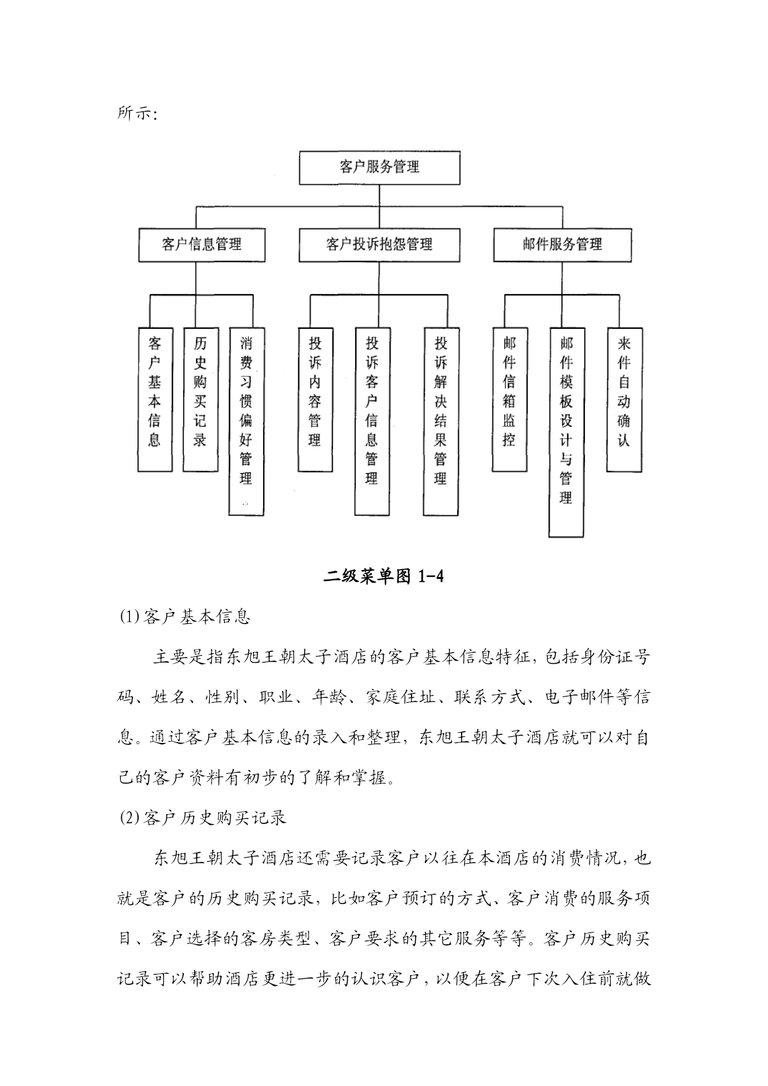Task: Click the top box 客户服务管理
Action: tap(379, 167)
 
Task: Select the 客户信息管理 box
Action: tap(202, 245)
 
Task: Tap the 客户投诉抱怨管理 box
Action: tap(379, 245)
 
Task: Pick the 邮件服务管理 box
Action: tap(563, 245)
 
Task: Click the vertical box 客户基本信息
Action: tap(155, 399)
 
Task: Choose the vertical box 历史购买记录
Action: tap(201, 399)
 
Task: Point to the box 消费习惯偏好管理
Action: tap(246, 421)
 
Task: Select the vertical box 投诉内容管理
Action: tap(316, 399)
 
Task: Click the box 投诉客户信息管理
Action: tap(373, 421)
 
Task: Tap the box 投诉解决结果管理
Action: tap(441, 421)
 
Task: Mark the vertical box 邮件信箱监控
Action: tap(510, 399)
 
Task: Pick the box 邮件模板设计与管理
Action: tap(566, 432)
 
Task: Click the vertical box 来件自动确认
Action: tap(624, 399)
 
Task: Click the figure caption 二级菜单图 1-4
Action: tap(384, 577)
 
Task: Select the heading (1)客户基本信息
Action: tap(184, 617)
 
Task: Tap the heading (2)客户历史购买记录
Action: tap(202, 817)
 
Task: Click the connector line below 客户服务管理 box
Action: tap(379, 195)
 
